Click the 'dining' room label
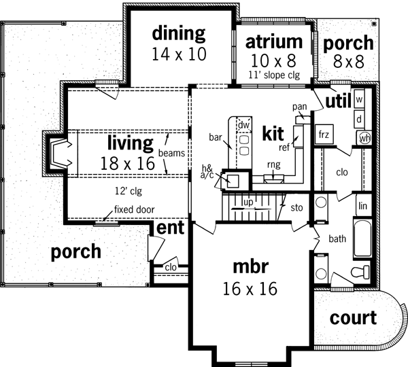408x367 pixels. [x=178, y=33]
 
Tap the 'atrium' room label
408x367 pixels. [x=274, y=41]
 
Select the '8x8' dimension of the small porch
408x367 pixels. [x=347, y=60]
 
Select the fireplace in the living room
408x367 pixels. [x=57, y=152]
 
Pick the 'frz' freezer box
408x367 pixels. [x=324, y=135]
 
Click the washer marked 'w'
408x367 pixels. [x=359, y=99]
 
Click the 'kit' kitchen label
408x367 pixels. [x=273, y=133]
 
